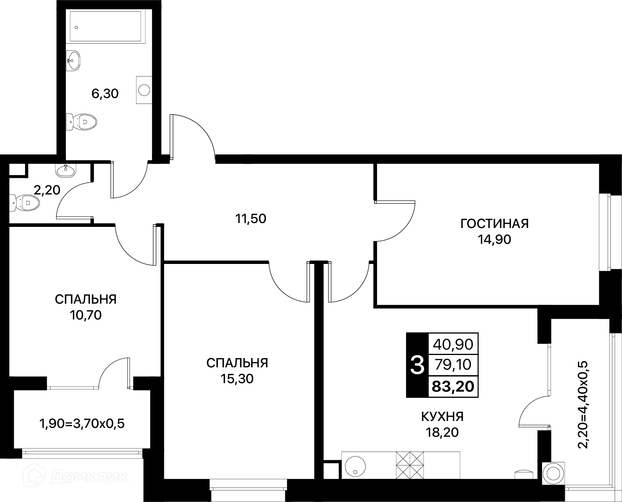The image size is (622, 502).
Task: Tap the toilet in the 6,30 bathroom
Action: pos(81,122)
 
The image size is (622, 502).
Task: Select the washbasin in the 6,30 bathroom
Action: pos(73,61)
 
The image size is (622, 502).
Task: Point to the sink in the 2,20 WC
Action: pos(66,170)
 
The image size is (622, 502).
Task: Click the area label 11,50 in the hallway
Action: pos(251,219)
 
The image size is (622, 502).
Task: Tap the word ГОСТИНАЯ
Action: pos(494,224)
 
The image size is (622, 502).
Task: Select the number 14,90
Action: pos(494,240)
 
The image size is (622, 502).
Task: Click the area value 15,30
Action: pos(237,379)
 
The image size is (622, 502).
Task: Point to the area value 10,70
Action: pos(86,315)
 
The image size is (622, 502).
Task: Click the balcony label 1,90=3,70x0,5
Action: pos(82,424)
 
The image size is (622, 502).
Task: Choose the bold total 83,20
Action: pos(453,386)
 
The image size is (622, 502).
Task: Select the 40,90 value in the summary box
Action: pos(453,345)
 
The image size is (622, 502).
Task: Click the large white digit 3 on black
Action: pos(417,365)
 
